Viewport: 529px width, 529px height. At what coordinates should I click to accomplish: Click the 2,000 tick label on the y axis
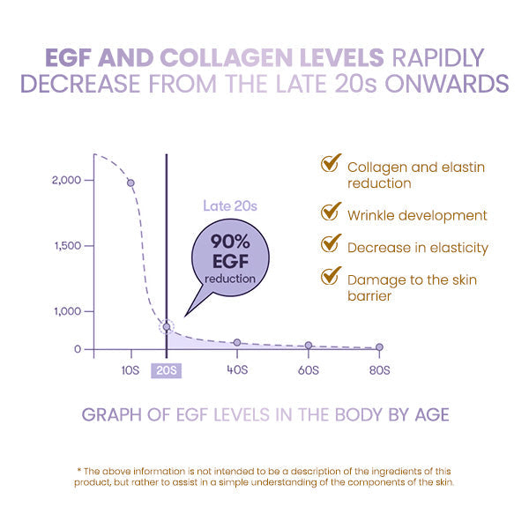coord(67,180)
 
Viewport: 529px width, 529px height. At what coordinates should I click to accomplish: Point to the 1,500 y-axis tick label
coord(67,246)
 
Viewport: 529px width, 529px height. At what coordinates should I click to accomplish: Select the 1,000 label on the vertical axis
coord(67,311)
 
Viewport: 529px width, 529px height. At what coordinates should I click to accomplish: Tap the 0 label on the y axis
coord(77,349)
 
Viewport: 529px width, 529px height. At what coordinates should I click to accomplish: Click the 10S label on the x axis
coord(130,370)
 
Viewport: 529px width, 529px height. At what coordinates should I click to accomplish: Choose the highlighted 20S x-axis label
coord(166,370)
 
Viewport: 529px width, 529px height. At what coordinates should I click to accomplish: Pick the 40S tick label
coord(235,370)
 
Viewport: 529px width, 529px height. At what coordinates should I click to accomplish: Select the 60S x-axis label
coord(308,370)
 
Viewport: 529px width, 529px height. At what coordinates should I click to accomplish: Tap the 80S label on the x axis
coord(379,370)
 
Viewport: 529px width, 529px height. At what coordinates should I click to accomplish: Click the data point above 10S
coord(130,183)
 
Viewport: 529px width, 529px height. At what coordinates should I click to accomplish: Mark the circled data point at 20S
coord(166,327)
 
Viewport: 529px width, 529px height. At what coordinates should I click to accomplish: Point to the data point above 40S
coord(236,342)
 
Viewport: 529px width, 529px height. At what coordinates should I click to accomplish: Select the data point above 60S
coord(309,346)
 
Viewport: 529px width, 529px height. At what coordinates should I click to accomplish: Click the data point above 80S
coord(379,347)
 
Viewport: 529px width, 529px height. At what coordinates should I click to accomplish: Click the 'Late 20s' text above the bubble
coord(229,206)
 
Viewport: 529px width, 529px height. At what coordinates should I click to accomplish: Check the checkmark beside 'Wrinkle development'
coord(331,212)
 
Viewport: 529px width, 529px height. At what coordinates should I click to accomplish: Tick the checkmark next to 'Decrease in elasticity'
coord(331,244)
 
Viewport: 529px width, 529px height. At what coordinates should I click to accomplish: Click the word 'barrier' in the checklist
coord(369,296)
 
